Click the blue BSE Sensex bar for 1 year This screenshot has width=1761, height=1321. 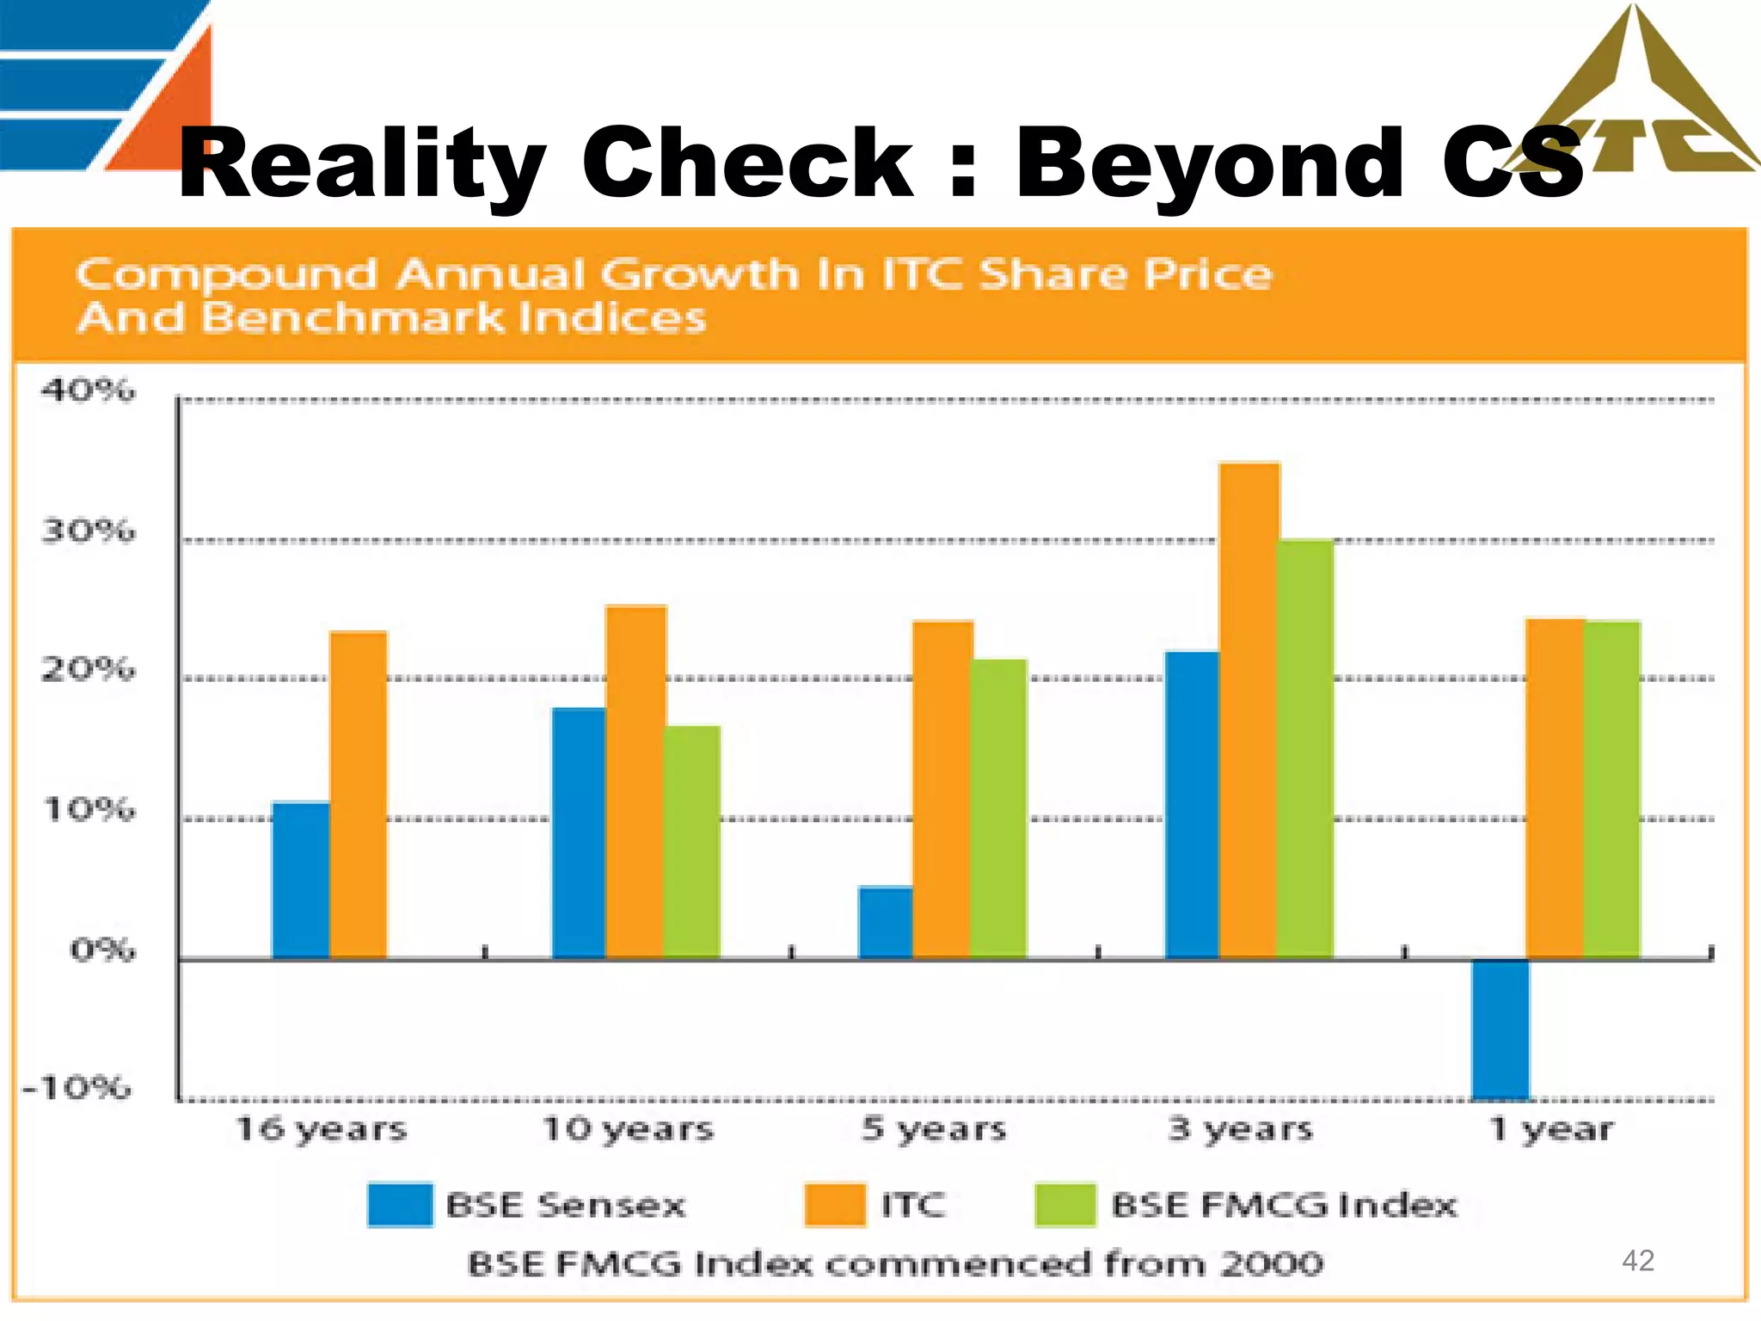pyautogui.click(x=1500, y=1029)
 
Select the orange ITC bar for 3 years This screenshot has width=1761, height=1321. pyautogui.click(x=1249, y=710)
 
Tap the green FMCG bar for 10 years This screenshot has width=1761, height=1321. pyautogui.click(x=692, y=842)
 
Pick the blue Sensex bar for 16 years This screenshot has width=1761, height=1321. pyautogui.click(x=301, y=880)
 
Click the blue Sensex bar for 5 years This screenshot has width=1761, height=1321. pyautogui.click(x=886, y=922)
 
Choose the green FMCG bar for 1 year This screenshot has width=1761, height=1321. pyautogui.click(x=1612, y=789)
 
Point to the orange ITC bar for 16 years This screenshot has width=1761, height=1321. pyautogui.click(x=359, y=795)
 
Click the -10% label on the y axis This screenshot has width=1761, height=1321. pyautogui.click(x=77, y=1088)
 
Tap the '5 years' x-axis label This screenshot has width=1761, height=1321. pyautogui.click(x=935, y=1129)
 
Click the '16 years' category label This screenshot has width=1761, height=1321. pyautogui.click(x=322, y=1129)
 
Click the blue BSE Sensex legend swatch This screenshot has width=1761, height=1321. pyautogui.click(x=400, y=1204)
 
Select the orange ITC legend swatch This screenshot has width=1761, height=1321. pyautogui.click(x=835, y=1204)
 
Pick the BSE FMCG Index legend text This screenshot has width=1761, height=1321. pyautogui.click(x=1284, y=1205)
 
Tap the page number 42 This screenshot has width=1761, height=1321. pyautogui.click(x=1637, y=1260)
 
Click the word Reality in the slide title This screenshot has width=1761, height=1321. pyautogui.click(x=361, y=163)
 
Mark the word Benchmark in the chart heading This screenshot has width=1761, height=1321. pyautogui.click(x=353, y=317)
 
